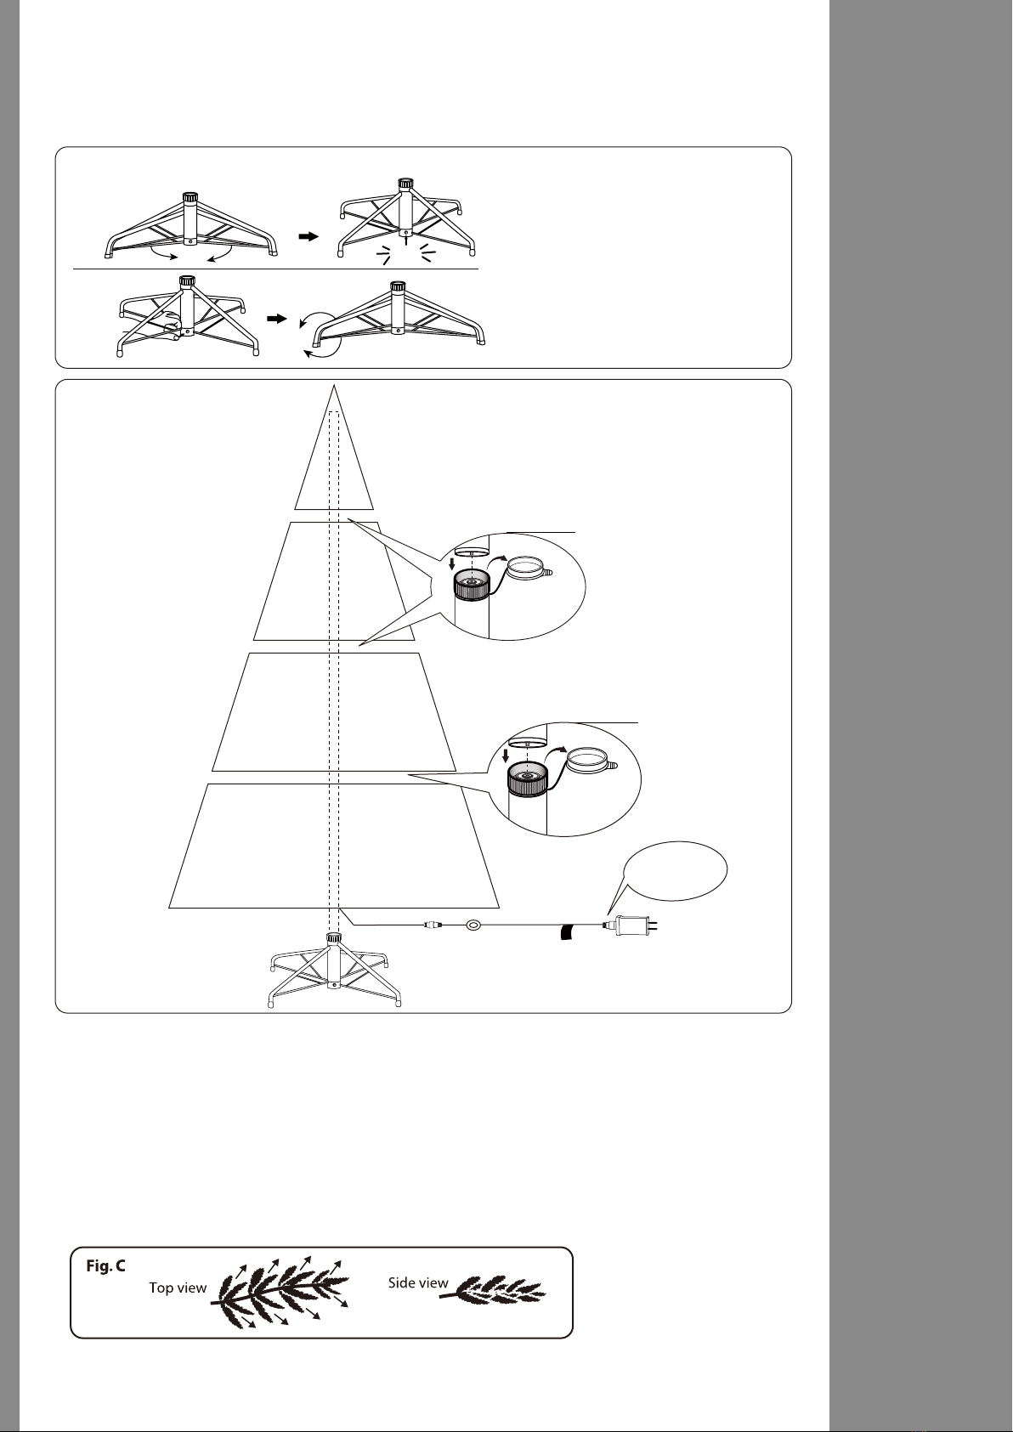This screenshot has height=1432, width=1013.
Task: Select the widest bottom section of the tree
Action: pyautogui.click(x=334, y=846)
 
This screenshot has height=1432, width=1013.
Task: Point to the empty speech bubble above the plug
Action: pyautogui.click(x=676, y=873)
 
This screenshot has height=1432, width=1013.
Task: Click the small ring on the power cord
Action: pyautogui.click(x=475, y=924)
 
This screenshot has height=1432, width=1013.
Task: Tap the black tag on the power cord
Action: pyautogui.click(x=567, y=932)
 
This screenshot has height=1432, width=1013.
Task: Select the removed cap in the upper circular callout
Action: pyautogui.click(x=529, y=566)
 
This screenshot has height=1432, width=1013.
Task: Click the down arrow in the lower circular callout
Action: pyautogui.click(x=506, y=756)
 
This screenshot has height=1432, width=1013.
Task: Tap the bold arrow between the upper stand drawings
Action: pyautogui.click(x=308, y=236)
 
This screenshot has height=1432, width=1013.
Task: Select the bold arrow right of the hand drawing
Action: pyautogui.click(x=277, y=319)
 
